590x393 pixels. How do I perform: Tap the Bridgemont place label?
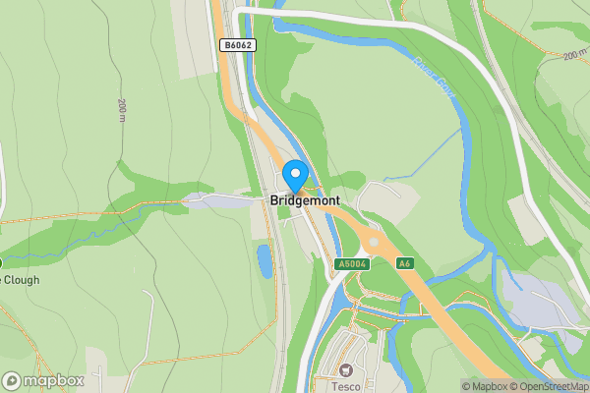(305, 200)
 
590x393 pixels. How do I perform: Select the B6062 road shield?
(236, 45)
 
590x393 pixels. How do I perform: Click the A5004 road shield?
(350, 264)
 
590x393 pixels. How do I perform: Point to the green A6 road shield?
(405, 263)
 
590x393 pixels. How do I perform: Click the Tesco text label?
(345, 386)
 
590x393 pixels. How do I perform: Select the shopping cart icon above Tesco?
(345, 370)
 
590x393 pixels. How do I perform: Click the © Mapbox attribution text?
(483, 386)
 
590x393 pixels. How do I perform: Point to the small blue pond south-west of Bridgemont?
(265, 260)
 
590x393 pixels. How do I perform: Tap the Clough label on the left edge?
(22, 279)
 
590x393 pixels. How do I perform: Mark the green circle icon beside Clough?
(1, 263)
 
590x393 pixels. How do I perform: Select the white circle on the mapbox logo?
(12, 380)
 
